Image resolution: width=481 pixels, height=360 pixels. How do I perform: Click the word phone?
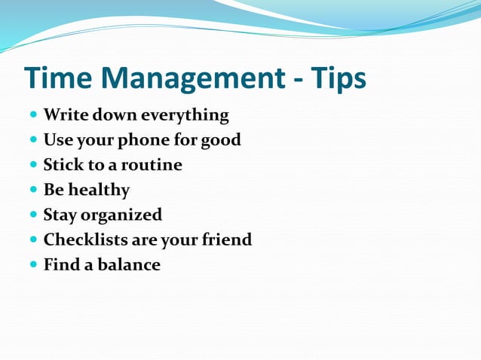[x=153, y=140]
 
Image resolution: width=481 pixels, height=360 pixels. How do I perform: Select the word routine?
[x=152, y=165]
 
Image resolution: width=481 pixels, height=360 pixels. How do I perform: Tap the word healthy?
[x=99, y=190]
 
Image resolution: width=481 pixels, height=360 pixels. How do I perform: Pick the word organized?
[x=121, y=215]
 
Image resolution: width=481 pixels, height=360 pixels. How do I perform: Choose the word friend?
[x=226, y=239]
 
